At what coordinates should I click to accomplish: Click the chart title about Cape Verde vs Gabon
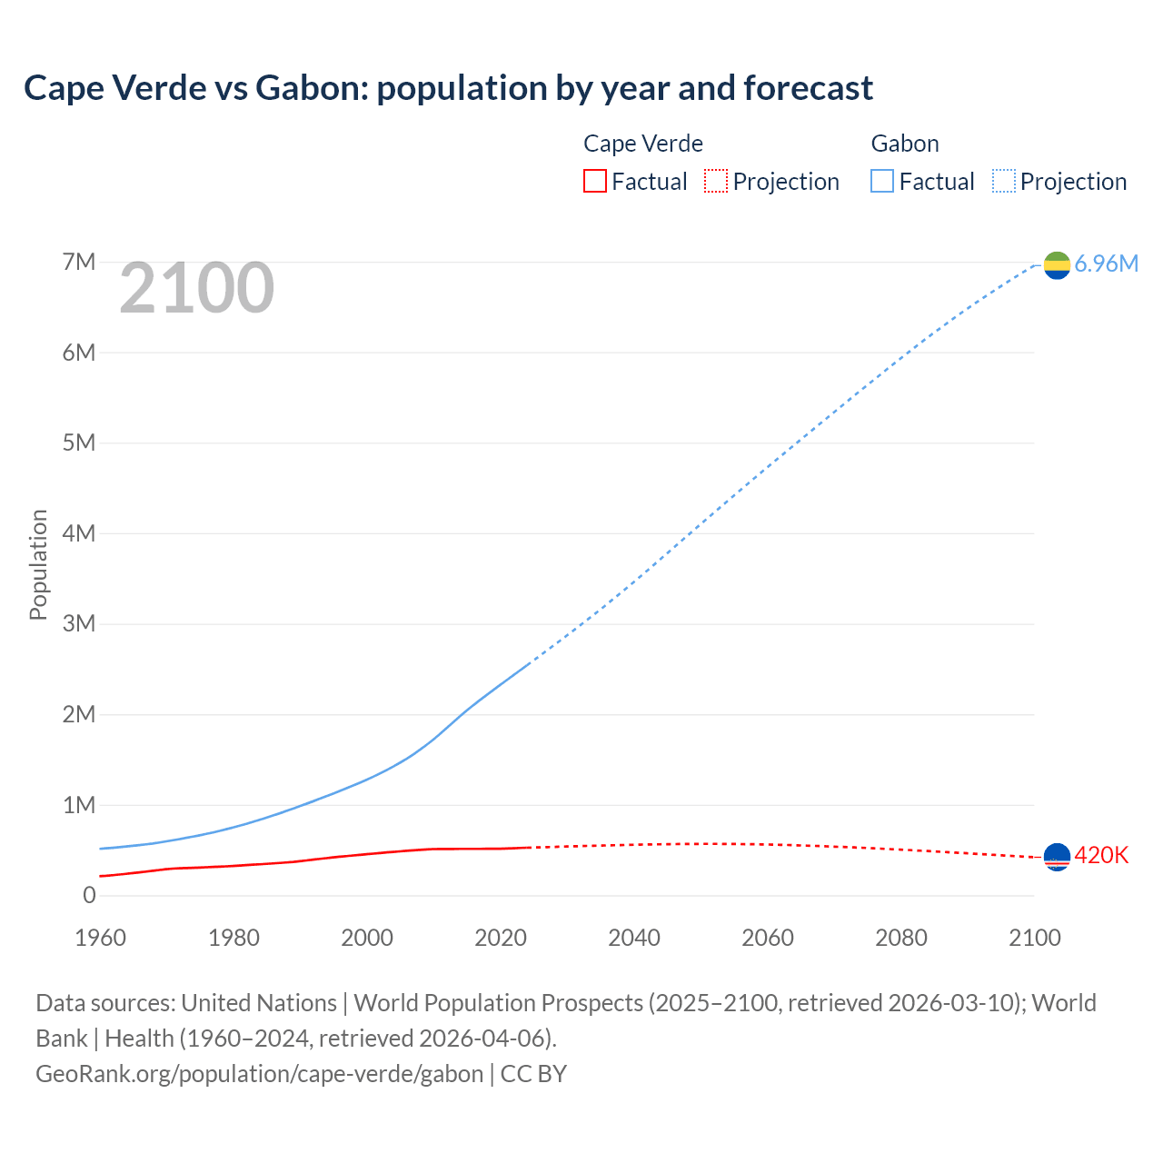tap(448, 88)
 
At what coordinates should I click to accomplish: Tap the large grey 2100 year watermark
tap(196, 288)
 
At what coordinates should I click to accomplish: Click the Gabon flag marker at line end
tap(1057, 264)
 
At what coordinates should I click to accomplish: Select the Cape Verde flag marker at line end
tap(1057, 856)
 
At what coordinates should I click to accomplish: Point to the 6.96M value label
tap(1106, 264)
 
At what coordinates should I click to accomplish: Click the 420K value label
tap(1101, 856)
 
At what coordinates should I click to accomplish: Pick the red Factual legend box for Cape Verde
tap(594, 182)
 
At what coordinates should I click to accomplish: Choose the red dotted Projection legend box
tap(716, 182)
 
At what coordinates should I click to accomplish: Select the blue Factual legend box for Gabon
tap(881, 182)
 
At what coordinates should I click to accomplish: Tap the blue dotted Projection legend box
tap(1004, 182)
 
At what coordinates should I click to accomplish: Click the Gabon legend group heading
tap(905, 144)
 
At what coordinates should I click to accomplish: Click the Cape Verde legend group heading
tap(643, 144)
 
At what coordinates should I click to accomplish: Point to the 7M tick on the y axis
tap(79, 263)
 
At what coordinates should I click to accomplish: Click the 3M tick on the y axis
tap(79, 624)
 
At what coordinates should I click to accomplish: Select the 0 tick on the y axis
tap(89, 896)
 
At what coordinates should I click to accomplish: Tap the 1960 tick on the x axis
tap(100, 938)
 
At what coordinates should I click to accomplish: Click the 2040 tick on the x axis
tap(634, 938)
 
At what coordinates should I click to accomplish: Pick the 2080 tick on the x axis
tap(901, 938)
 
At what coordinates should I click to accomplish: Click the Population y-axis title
tap(38, 564)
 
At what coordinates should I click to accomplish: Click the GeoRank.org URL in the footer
tap(260, 1074)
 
